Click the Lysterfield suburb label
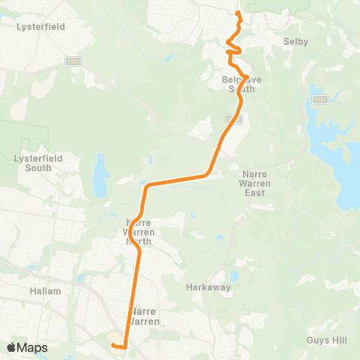click(x=40, y=26)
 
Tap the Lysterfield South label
click(x=33, y=163)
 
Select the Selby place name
click(x=292, y=42)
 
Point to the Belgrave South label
click(x=238, y=83)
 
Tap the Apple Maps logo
click(x=27, y=347)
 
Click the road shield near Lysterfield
click(x=73, y=61)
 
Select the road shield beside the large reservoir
click(x=319, y=98)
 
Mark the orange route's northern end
click(x=238, y=13)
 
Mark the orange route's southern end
click(x=112, y=345)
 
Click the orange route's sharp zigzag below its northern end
click(x=231, y=50)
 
